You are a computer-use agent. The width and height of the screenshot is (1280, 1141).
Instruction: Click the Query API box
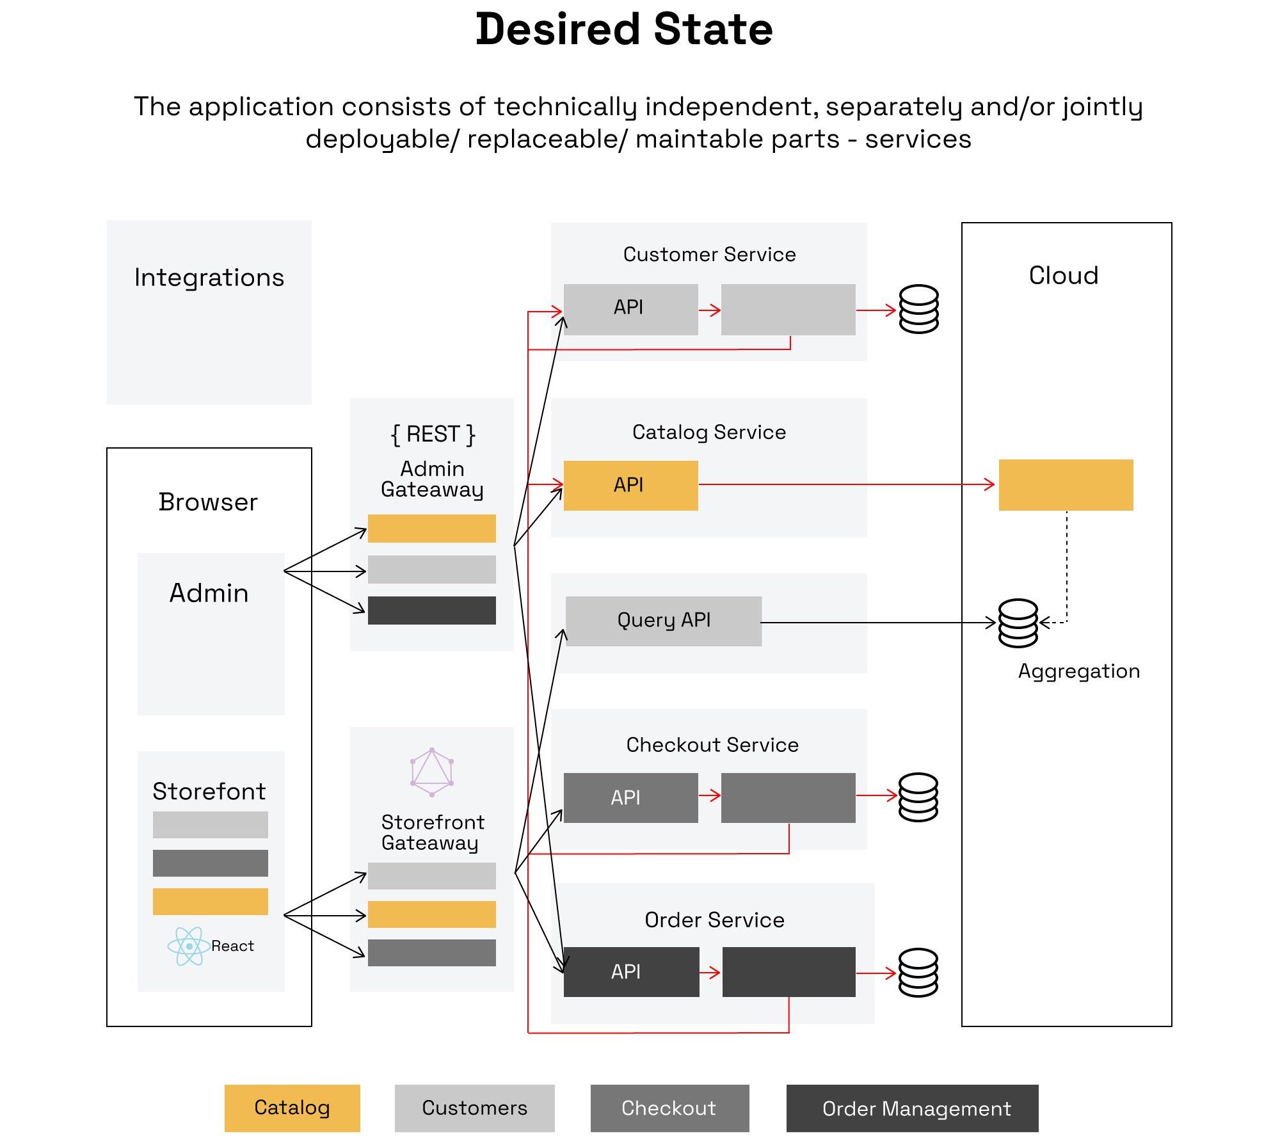coord(664,621)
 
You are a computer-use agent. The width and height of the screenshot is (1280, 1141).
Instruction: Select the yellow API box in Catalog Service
coord(630,485)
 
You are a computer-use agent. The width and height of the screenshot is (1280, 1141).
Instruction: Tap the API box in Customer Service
coord(630,309)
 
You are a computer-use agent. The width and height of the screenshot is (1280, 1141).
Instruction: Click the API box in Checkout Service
coord(630,797)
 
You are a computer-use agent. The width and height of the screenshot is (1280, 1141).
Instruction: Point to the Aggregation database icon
coord(1018,623)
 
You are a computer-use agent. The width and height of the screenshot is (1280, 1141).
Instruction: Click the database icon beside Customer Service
coord(918,309)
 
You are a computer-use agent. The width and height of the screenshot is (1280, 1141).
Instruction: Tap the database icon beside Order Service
coord(918,973)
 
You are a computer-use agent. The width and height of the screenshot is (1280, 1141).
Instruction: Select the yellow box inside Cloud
coord(1066,484)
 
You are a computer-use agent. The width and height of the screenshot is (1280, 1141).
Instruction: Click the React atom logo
coord(188,946)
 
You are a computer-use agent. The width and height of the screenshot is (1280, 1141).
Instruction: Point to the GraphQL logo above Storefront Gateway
coord(432,772)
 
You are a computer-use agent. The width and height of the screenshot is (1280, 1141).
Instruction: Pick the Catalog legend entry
coord(292,1108)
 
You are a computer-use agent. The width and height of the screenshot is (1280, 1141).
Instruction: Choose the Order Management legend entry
coord(912,1108)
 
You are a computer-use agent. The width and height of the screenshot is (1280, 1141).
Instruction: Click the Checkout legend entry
coord(669,1108)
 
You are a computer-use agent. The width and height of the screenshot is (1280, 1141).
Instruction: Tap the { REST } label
coord(433,434)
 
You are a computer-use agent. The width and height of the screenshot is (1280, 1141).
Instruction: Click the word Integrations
coord(209,278)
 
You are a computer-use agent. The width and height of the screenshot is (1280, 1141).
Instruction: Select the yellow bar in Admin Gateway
coord(431,529)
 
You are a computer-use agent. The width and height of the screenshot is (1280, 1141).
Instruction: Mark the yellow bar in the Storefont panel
coord(210,901)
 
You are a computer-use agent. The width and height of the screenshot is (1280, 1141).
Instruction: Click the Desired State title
coord(624,29)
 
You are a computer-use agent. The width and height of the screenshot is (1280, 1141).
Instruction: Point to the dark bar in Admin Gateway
coord(431,610)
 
